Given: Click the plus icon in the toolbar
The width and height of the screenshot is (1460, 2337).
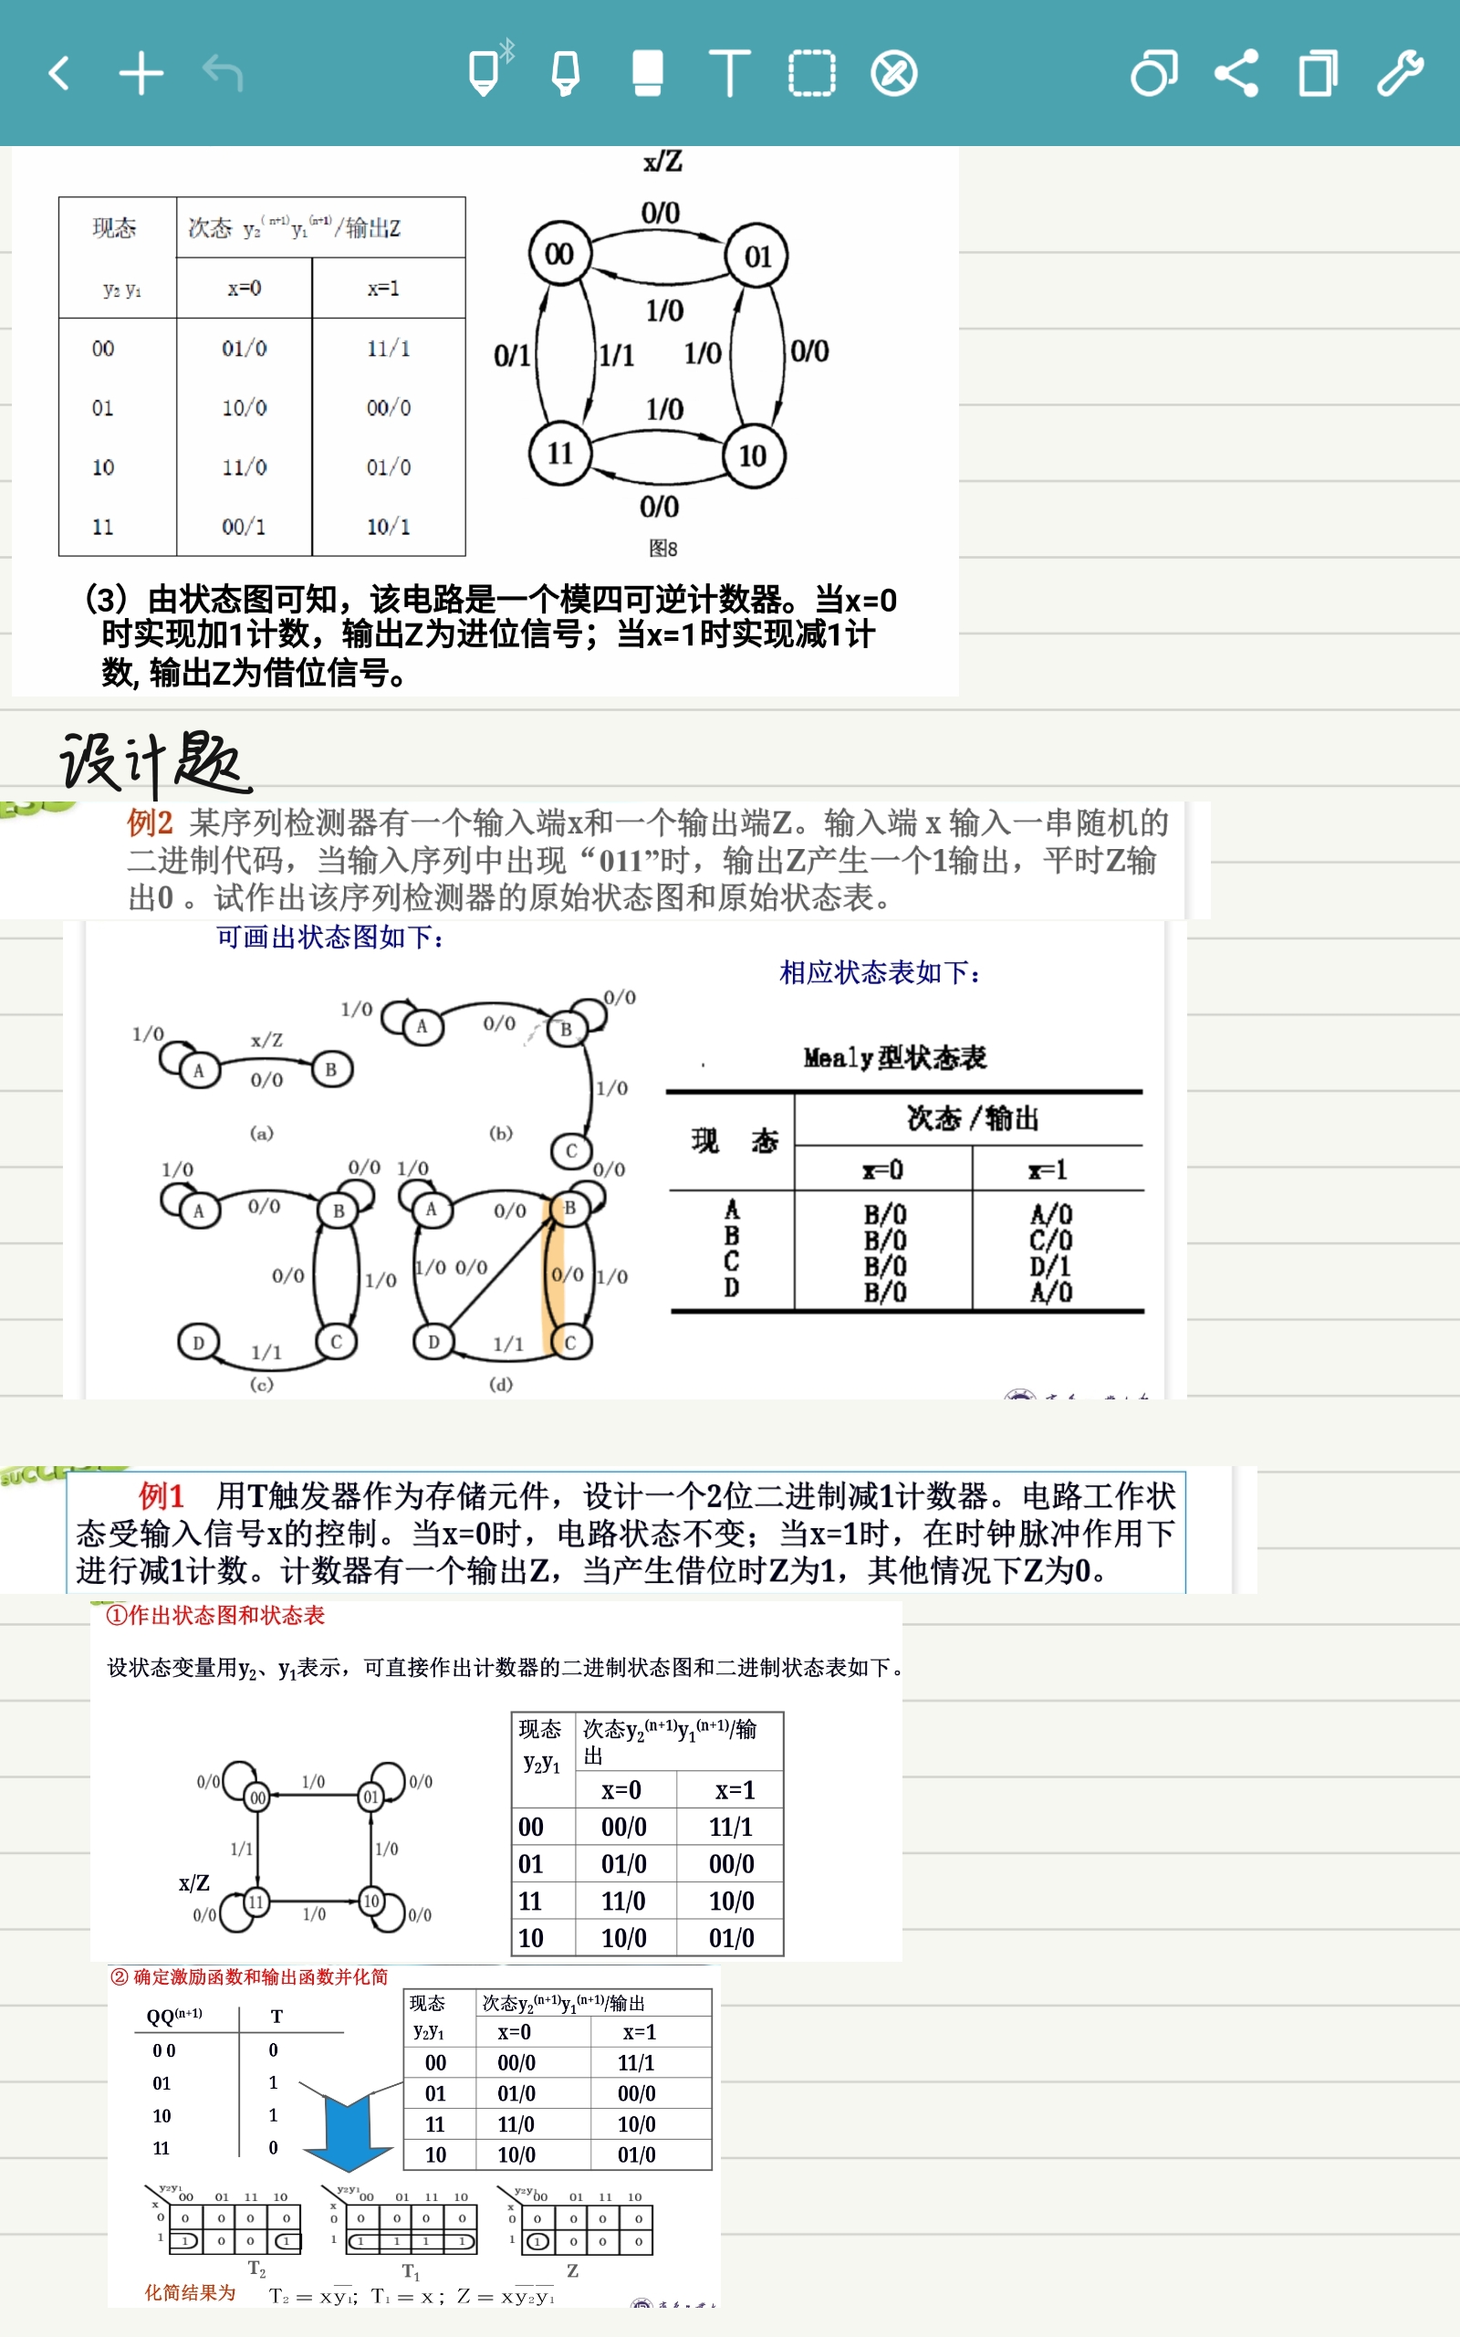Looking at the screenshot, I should point(141,73).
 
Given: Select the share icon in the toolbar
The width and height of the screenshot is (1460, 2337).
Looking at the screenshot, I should point(1236,73).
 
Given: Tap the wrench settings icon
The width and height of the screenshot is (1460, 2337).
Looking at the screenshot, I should point(1399,73).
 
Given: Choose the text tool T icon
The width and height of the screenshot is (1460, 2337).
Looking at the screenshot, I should point(729,73).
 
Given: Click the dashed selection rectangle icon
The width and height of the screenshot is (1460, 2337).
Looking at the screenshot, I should point(811,73).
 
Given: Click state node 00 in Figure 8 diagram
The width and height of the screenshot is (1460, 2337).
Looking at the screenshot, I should point(559,255).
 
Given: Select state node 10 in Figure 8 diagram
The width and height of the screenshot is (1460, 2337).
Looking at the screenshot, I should point(753,455).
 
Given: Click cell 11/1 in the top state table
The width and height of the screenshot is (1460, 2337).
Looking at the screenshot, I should point(388,349).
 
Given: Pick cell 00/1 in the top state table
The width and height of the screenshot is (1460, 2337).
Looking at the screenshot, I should point(244,528).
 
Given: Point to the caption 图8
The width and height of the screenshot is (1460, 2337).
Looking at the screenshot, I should point(662,549).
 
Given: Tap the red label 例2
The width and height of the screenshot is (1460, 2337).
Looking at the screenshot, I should point(150,823).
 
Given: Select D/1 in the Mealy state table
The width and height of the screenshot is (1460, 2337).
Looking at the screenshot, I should point(1050,1266).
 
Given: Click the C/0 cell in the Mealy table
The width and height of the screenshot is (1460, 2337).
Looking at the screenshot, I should point(1050,1240).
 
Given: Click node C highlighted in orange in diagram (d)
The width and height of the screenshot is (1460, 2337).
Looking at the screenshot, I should point(569,1342).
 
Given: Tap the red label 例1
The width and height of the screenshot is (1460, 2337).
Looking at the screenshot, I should point(161,1496).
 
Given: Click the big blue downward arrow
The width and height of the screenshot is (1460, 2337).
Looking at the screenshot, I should point(348,2132).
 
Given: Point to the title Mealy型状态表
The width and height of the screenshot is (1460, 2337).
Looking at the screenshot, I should point(894,1058).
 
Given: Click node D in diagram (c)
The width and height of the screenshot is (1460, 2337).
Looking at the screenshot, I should point(198,1342).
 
